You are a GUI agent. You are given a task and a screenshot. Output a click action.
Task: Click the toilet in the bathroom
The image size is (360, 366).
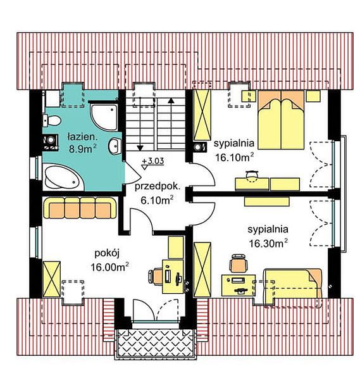pyautogui.click(x=52, y=120)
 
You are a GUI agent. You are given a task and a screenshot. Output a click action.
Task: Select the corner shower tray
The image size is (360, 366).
pyautogui.click(x=104, y=117)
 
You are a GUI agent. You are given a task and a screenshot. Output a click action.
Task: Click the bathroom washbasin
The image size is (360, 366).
pyautogui.click(x=115, y=146)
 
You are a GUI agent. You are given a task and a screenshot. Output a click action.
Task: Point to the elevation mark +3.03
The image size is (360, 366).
pyautogui.click(x=152, y=163)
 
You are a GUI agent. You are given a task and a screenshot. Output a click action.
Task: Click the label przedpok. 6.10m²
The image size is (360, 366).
pyautogui.click(x=158, y=193)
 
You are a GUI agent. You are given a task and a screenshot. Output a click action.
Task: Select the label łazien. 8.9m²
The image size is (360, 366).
pyautogui.click(x=82, y=143)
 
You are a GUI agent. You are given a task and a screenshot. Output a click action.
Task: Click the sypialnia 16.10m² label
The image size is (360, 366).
pyautogui.click(x=234, y=151)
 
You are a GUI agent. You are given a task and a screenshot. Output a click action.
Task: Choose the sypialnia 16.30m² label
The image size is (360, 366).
pyautogui.click(x=268, y=236)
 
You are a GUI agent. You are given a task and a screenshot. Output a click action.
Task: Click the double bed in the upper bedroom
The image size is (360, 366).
pyautogui.click(x=281, y=120)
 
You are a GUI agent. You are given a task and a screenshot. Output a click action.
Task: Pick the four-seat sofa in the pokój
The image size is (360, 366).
pyautogui.click(x=80, y=208)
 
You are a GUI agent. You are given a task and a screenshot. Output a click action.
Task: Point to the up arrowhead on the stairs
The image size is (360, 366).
pyautogui.click(x=171, y=100)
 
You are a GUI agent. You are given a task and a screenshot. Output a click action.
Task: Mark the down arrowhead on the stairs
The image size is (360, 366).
pyautogui.click(x=140, y=148)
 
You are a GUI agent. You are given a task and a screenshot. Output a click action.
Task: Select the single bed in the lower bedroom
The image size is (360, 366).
pyautogui.click(x=293, y=287)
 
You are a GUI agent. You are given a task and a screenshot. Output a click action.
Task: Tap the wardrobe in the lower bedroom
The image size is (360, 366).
pyautogui.click(x=202, y=270)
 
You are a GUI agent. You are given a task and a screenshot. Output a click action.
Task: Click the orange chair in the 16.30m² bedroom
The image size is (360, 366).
pyautogui.click(x=238, y=263)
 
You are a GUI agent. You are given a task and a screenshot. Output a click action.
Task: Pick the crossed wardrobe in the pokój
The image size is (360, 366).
pyautogui.click(x=51, y=279)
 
